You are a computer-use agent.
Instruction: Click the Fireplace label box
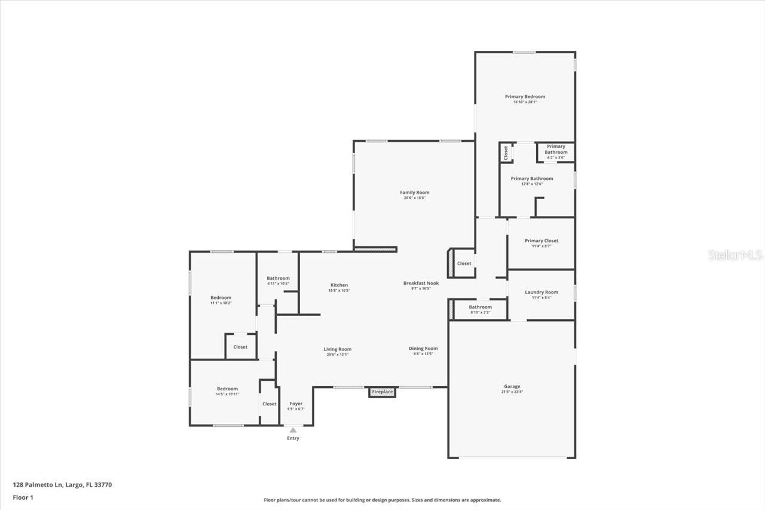pyautogui.click(x=382, y=392)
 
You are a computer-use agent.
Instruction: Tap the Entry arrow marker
pyautogui.click(x=293, y=430)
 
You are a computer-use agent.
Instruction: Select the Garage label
pyautogui.click(x=512, y=387)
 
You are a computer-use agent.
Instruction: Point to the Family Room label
pyautogui.click(x=415, y=193)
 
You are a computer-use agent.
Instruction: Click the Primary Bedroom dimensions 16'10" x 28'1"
pyautogui.click(x=525, y=102)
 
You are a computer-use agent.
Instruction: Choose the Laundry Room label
pyautogui.click(x=541, y=292)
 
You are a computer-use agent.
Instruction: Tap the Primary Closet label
pyautogui.click(x=541, y=241)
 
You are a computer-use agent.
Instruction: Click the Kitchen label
pyautogui.click(x=339, y=285)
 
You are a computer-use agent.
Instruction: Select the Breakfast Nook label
pyautogui.click(x=421, y=283)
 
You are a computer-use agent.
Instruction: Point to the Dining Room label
pyautogui.click(x=423, y=349)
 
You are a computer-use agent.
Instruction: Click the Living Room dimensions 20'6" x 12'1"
pyautogui.click(x=338, y=355)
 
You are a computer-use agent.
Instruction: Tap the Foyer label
pyautogui.click(x=296, y=404)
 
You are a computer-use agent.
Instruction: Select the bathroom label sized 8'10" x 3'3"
pyautogui.click(x=481, y=307)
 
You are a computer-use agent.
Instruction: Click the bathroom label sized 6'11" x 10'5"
pyautogui.click(x=278, y=279)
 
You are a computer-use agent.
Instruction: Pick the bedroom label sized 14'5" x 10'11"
pyautogui.click(x=227, y=389)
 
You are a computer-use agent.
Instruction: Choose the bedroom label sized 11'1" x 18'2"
pyautogui.click(x=221, y=298)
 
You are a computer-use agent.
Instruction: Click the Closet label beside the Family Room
pyautogui.click(x=464, y=264)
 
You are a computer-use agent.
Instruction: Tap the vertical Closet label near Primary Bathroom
pyautogui.click(x=506, y=152)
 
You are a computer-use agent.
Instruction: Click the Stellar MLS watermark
pyautogui.click(x=735, y=255)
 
